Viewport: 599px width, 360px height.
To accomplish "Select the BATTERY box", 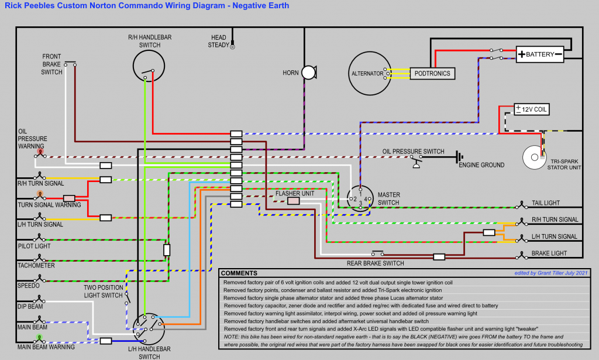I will (x=539, y=54).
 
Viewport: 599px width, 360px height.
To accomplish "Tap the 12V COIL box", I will (x=532, y=109).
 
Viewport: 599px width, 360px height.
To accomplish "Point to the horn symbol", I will (x=308, y=73).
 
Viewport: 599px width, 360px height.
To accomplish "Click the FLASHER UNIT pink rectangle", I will (x=293, y=201).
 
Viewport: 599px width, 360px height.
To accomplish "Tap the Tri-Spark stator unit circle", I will (x=533, y=157).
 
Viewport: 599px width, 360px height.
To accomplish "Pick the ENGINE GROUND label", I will (x=481, y=165).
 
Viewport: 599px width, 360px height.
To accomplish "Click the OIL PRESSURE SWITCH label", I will (x=413, y=152).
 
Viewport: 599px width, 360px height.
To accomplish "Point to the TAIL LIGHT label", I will (x=546, y=203).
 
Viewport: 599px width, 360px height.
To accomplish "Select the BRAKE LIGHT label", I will (x=549, y=253).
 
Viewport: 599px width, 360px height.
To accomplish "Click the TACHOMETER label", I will (x=36, y=265).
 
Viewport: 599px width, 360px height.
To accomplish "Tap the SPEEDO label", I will (x=29, y=286).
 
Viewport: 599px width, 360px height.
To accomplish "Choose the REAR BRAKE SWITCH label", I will (x=375, y=263).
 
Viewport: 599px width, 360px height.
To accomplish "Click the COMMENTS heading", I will (x=239, y=273).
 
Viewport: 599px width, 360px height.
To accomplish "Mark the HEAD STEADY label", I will (x=218, y=41).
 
